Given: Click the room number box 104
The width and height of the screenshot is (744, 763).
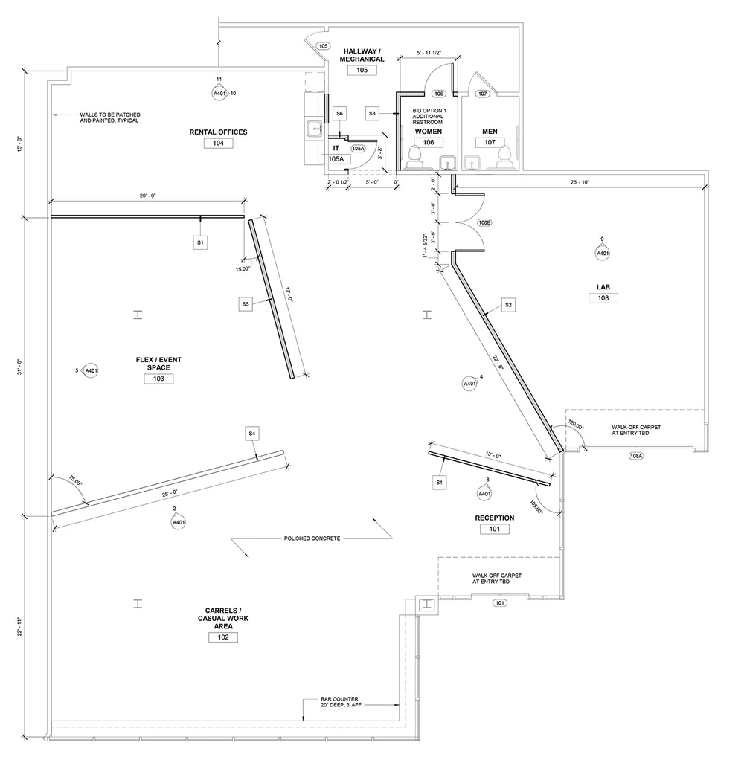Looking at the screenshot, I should click(218, 144).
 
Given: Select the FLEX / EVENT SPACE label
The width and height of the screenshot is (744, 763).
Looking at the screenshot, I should click(158, 364).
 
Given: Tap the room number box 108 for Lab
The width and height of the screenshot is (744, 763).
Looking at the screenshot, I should click(603, 298).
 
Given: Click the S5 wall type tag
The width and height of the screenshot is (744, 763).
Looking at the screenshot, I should click(246, 303).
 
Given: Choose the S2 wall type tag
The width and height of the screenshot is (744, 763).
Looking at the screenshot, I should click(508, 305).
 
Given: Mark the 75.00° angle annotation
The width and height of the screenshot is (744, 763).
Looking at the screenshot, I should click(75, 480).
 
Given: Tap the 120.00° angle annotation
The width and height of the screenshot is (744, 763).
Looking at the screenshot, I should click(576, 428).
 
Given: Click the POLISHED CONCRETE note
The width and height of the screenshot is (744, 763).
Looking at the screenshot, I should click(311, 538).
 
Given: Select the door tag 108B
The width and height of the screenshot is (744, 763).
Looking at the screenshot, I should click(484, 222).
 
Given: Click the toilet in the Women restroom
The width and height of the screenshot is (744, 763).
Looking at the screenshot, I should click(414, 157).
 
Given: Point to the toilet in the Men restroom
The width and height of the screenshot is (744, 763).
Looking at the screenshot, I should click(504, 156).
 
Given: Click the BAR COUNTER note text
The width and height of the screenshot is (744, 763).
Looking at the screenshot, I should click(341, 704).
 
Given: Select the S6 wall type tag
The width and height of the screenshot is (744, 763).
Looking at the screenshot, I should click(339, 113).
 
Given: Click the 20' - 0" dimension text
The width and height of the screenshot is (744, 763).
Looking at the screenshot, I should click(147, 196).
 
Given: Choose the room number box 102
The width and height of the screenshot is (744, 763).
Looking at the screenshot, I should click(223, 637).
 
